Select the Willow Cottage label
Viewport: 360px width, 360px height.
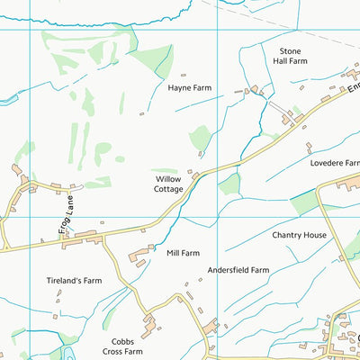[x=163, y=184]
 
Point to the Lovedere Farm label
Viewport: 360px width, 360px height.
[x=333, y=165]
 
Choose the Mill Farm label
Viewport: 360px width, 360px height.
[x=183, y=253]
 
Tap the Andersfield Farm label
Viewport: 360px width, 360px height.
[x=238, y=270]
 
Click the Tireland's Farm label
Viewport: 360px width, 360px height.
[x=74, y=281]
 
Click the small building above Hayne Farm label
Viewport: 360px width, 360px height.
[x=184, y=76]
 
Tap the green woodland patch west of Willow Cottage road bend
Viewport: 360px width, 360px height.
[x=229, y=184]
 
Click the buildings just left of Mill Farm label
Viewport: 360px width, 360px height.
[x=139, y=257]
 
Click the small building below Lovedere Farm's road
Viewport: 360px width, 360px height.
[x=309, y=147]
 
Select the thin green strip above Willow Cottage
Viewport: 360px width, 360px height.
[x=165, y=169]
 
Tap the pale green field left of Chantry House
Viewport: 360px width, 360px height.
[x=304, y=202]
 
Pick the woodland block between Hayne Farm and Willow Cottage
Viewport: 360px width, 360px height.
[x=200, y=139]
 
